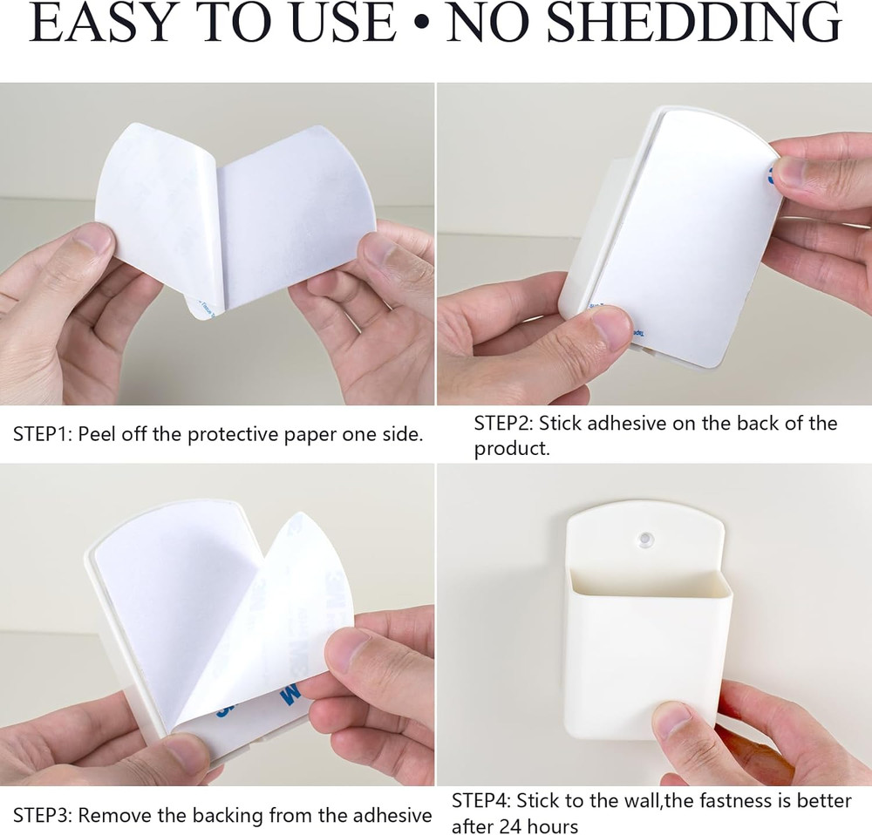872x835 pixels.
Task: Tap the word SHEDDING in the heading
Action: (696, 23)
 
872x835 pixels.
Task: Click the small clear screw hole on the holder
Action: (646, 539)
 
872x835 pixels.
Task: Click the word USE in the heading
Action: (343, 23)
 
